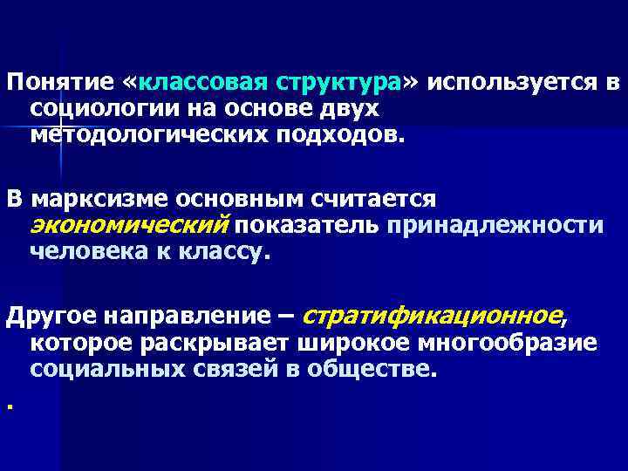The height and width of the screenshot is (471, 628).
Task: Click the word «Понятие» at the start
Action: click(x=58, y=83)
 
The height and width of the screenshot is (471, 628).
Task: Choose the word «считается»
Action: click(x=365, y=199)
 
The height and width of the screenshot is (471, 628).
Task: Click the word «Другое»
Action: click(x=52, y=316)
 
